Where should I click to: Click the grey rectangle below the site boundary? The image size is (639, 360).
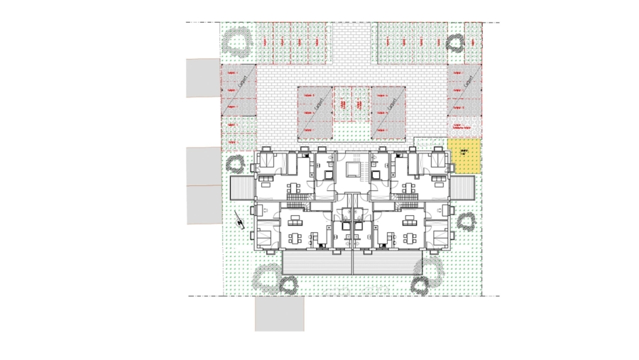[280, 313]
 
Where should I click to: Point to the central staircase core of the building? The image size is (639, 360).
[352, 170]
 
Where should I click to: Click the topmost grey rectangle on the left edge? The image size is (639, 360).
[202, 77]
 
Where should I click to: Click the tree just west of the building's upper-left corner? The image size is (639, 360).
[235, 165]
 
